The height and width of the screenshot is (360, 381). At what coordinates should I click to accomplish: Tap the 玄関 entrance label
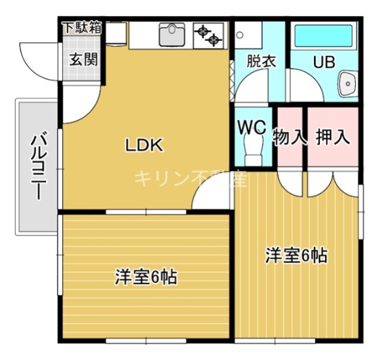point(84,60)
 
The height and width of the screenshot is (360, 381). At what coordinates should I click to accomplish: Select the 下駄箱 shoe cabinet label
point(82,28)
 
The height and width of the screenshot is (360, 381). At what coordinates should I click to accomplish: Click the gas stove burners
point(208,34)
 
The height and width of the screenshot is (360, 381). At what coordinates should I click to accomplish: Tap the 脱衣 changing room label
point(260,61)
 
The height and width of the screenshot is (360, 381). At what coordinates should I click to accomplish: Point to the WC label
point(252,127)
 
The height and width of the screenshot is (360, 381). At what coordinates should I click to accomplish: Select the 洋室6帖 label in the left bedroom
point(146,277)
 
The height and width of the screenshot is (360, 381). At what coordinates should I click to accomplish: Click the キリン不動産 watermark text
point(191,179)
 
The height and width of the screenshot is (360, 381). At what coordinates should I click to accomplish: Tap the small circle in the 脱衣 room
point(240,35)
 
